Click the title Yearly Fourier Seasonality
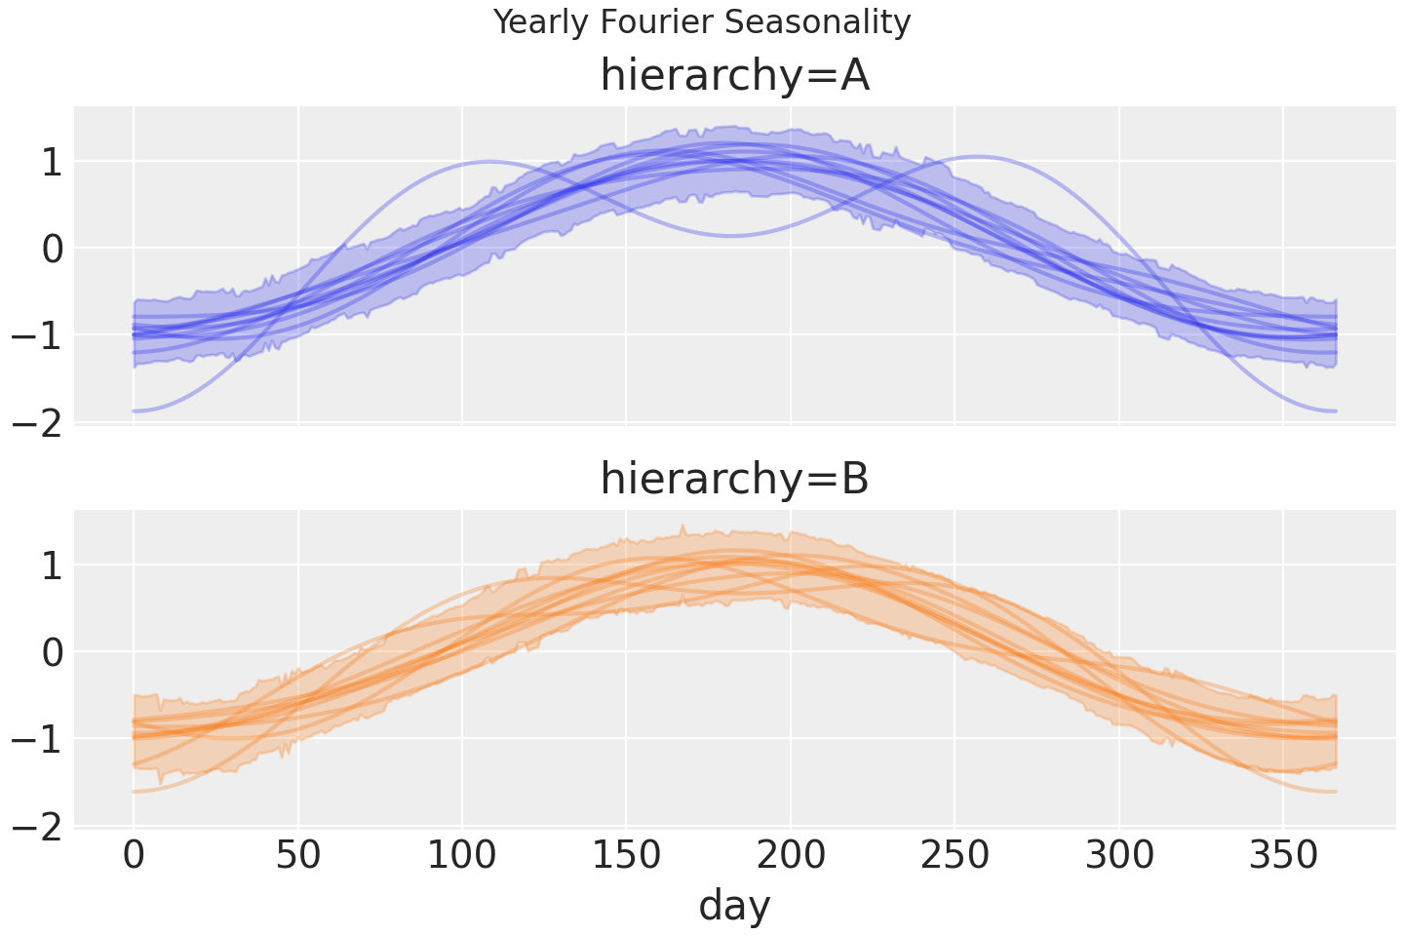coord(702,21)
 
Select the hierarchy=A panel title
coord(734,75)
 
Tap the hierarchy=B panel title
coord(734,479)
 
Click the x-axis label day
coord(734,906)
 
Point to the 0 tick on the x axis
coord(134,856)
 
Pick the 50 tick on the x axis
coord(298,856)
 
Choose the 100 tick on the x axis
coord(462,856)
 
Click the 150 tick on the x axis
coord(627,856)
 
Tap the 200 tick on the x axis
coord(791,856)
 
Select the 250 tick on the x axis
coord(955,856)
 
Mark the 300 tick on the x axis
coord(1119,856)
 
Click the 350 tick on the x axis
coord(1284,856)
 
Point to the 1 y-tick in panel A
coord(52,162)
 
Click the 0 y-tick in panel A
coord(52,249)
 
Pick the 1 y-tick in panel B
coord(52,565)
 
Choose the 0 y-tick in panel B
coord(52,652)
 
